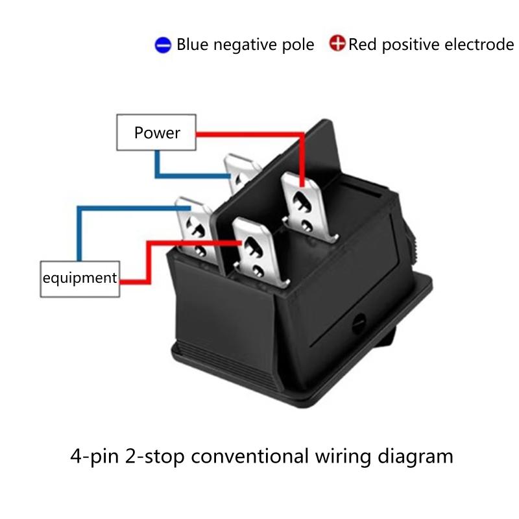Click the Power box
click(156, 133)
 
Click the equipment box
click(80, 279)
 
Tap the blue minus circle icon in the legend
click(163, 45)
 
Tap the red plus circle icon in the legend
click(337, 45)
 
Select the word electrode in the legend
click(479, 45)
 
